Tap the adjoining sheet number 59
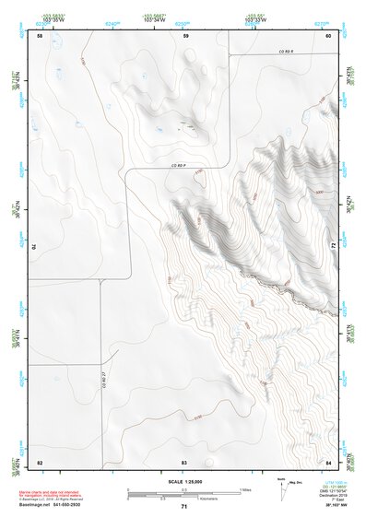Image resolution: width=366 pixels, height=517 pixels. [x=185, y=36]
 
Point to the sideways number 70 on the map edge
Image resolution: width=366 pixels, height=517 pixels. [x=39, y=247]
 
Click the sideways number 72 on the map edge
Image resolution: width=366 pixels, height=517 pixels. [x=329, y=246]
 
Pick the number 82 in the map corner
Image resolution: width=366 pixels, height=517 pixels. [x=40, y=461]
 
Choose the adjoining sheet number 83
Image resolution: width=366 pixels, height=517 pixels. [x=184, y=461]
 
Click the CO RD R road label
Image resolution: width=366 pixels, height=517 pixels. [x=285, y=53]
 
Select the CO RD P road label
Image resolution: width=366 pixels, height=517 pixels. [x=184, y=165]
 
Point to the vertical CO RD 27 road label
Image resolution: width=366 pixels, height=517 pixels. [x=102, y=373]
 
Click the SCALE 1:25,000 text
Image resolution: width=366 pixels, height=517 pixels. [x=184, y=480]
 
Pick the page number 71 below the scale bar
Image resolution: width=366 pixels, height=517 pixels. [x=184, y=508]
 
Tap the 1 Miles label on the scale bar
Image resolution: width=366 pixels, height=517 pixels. [x=245, y=488]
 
